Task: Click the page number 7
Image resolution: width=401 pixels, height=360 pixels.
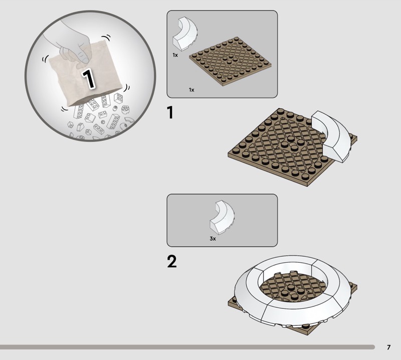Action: click(389, 347)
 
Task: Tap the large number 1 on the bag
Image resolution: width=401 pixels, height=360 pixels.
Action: click(89, 79)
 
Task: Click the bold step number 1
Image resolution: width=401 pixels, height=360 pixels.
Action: click(170, 113)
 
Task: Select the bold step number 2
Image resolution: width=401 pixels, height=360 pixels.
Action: click(172, 262)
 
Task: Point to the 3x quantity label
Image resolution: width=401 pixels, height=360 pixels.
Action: click(213, 239)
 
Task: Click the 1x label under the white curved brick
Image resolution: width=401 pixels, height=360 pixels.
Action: click(175, 55)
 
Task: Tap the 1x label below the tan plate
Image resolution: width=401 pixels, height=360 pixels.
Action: click(191, 90)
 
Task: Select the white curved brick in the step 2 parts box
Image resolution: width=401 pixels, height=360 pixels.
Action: click(222, 218)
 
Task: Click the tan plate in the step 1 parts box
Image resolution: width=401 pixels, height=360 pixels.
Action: click(230, 61)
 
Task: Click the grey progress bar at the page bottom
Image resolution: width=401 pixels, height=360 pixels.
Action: click(187, 347)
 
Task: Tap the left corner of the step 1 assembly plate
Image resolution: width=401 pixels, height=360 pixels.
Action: click(228, 155)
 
